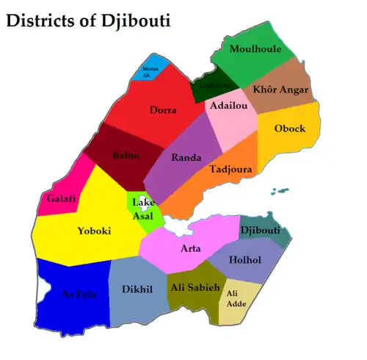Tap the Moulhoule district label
click(x=255, y=49)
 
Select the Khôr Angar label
click(x=281, y=90)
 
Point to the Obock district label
click(x=289, y=129)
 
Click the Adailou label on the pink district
click(x=228, y=106)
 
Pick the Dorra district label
click(x=163, y=110)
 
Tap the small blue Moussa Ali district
click(x=150, y=70)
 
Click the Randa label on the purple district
click(x=186, y=157)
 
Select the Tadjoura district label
click(x=231, y=169)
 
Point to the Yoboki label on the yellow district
click(x=94, y=231)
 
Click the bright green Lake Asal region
click(x=144, y=209)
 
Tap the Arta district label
click(x=190, y=248)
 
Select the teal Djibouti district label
click(x=261, y=231)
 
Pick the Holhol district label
click(x=244, y=259)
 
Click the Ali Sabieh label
click(x=195, y=287)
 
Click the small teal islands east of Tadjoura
click(x=280, y=192)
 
